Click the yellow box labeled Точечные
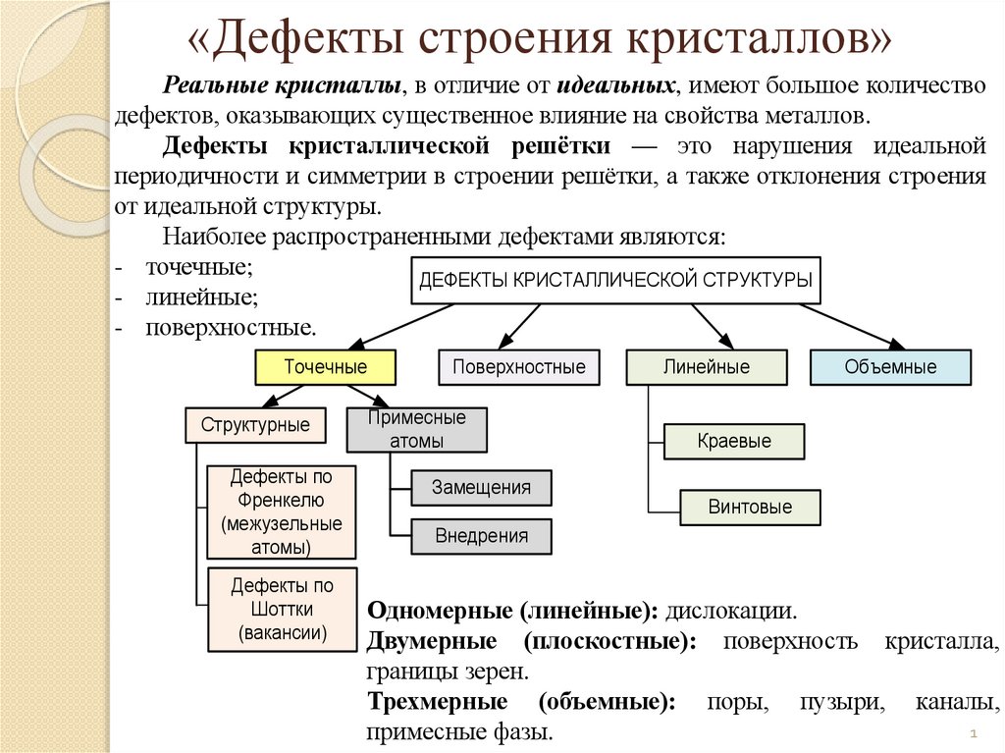click(x=326, y=367)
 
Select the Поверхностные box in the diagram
click(x=518, y=367)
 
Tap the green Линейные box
click(x=706, y=367)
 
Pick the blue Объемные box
click(x=890, y=367)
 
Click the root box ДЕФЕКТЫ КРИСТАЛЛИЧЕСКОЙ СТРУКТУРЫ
click(x=615, y=280)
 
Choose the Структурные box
click(x=255, y=425)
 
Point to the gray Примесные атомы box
click(x=416, y=429)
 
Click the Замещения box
click(x=481, y=488)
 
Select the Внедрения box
click(x=481, y=536)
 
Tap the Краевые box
click(x=734, y=441)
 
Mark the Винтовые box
click(x=750, y=508)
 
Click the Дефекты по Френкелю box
click(x=282, y=511)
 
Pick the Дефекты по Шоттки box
click(x=282, y=610)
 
